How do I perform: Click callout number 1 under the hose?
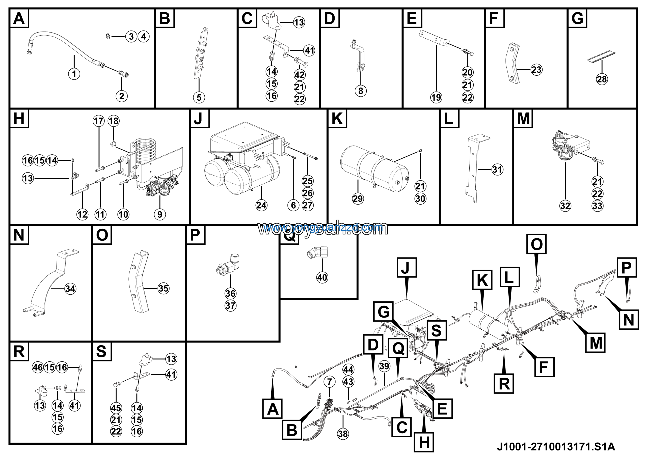point(74,74)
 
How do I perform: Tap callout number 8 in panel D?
point(360,91)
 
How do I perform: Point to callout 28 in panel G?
point(602,79)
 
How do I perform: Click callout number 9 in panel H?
point(160,214)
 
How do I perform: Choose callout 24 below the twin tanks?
point(261,205)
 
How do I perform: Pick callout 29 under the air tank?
point(358,199)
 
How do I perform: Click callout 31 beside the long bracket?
point(497,169)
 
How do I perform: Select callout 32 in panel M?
point(565,206)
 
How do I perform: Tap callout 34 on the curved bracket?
point(70,289)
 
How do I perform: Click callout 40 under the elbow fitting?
point(322,278)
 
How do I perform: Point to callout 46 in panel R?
point(38,367)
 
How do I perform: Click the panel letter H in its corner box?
point(19,118)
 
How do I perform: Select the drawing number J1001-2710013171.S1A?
point(556,446)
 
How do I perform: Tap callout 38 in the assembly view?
point(343,434)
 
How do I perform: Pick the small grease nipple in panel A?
point(107,37)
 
